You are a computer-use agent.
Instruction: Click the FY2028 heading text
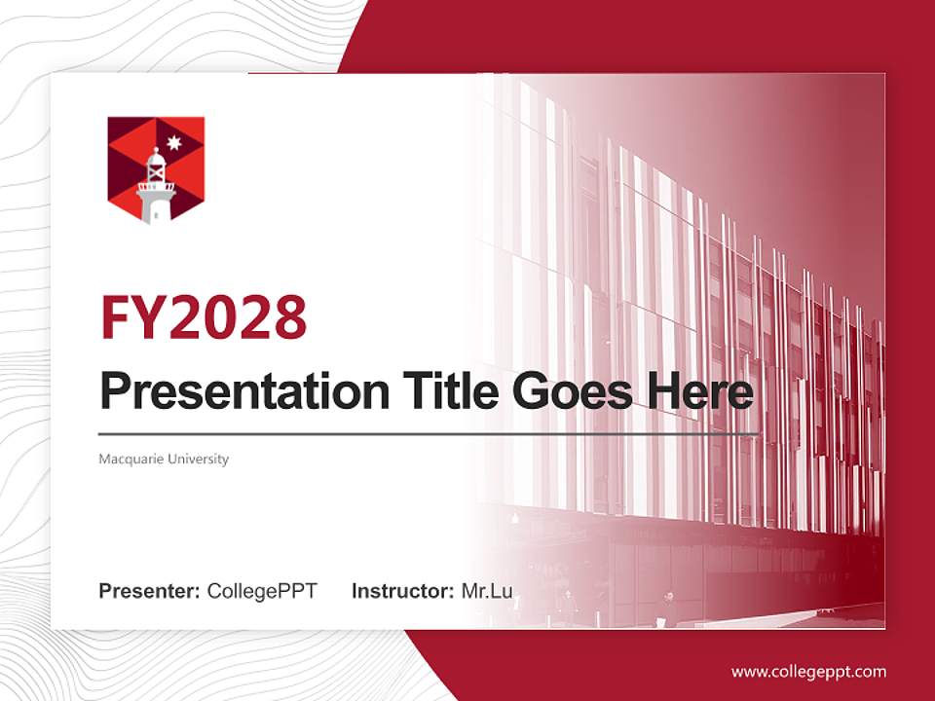[x=204, y=317]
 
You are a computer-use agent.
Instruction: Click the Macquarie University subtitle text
[x=164, y=459]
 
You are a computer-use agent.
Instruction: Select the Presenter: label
[x=150, y=591]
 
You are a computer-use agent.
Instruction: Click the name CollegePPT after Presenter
[x=262, y=591]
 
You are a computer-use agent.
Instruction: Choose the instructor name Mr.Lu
[x=487, y=591]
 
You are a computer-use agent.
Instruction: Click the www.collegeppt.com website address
[x=808, y=672]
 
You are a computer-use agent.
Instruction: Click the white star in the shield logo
[x=174, y=144]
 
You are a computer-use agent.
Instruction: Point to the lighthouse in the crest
[x=156, y=187]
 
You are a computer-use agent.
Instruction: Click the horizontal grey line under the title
[x=429, y=433]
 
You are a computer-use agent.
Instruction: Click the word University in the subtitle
[x=198, y=459]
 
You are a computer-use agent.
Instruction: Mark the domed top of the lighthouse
[x=156, y=156]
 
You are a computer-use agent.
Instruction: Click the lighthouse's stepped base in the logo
[x=156, y=209]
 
